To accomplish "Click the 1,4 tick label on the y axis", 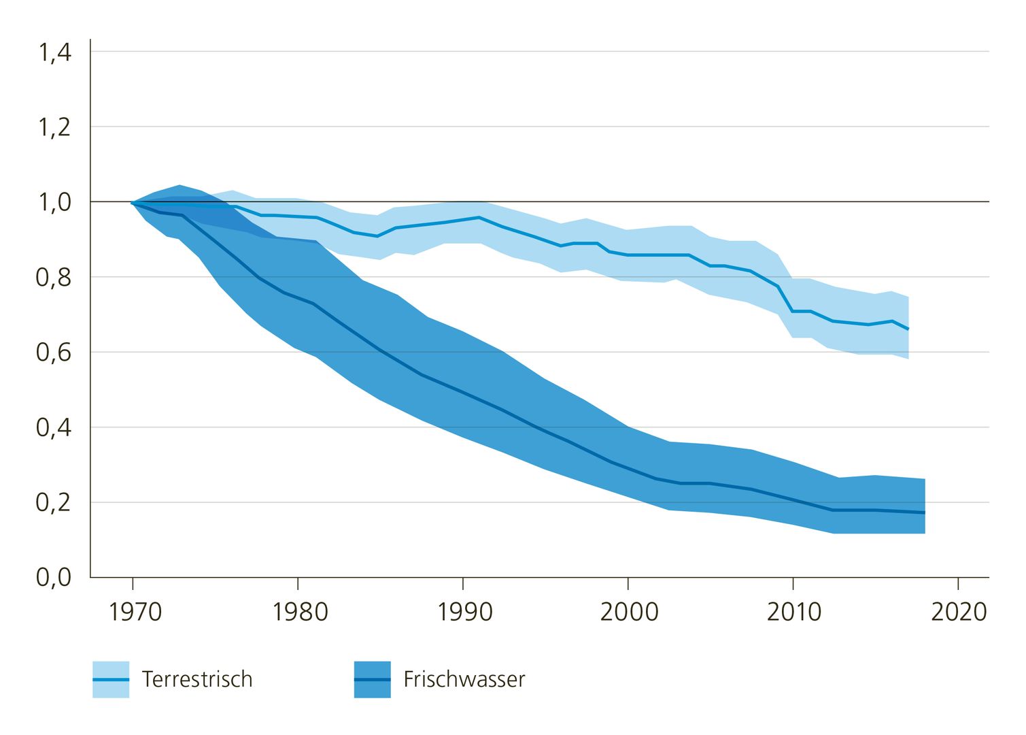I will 54,53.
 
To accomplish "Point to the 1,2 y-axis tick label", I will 54,128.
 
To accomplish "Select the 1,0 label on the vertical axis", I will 54,203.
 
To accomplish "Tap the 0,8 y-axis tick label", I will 54,278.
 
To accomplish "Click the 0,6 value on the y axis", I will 54,353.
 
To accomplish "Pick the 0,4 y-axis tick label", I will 54,428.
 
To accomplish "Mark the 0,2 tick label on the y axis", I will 54,503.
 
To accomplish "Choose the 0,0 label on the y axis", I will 54,578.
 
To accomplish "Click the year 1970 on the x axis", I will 135,612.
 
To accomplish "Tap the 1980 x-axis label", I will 300,612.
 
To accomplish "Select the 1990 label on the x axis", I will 464,612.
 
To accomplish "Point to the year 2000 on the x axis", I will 629,612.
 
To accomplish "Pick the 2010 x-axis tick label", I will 794,612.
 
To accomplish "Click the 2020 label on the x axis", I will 959,612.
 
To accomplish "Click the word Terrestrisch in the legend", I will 197,679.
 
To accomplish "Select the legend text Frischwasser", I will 464,679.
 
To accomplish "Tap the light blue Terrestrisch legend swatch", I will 111,679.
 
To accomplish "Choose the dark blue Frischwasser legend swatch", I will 373,679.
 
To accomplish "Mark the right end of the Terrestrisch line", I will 908,329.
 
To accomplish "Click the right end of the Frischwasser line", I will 924,512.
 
